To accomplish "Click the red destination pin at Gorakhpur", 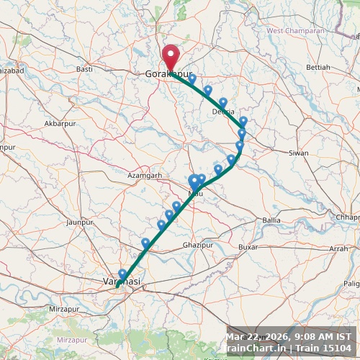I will pos(171,55).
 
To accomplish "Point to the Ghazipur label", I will pos(198,245).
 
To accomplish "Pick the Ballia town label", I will pos(271,220).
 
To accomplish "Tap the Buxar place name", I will pos(248,247).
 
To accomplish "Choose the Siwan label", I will pos(298,153).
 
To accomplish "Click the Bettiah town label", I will pos(318,67).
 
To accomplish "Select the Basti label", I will pos(85,69).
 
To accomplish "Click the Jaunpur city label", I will pos(80,222).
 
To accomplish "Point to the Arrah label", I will pos(338,248).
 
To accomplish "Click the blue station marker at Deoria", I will pos(223,103).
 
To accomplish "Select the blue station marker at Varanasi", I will pos(122,274).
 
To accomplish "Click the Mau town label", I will pos(194,193).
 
